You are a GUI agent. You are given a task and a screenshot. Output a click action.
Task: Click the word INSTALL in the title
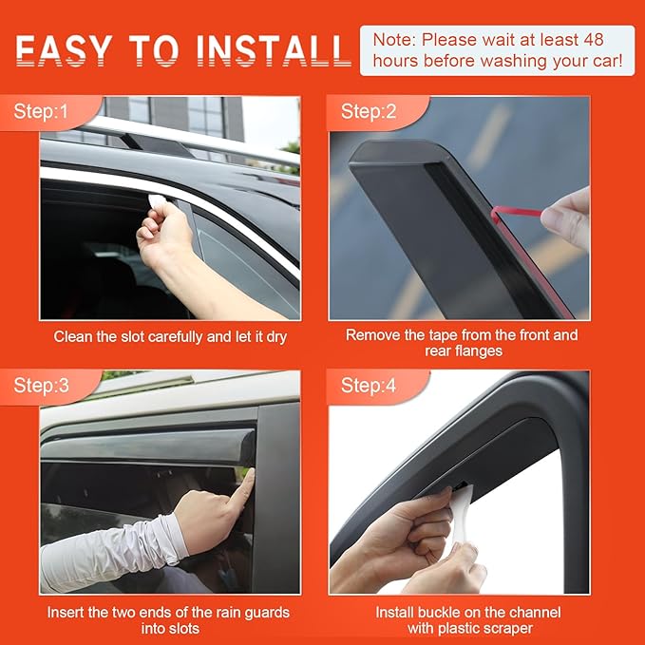(275, 49)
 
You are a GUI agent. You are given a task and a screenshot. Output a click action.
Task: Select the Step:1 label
(42, 112)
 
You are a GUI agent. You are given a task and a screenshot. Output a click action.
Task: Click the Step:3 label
(42, 386)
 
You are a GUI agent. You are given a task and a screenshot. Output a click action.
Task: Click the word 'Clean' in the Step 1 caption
(74, 336)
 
